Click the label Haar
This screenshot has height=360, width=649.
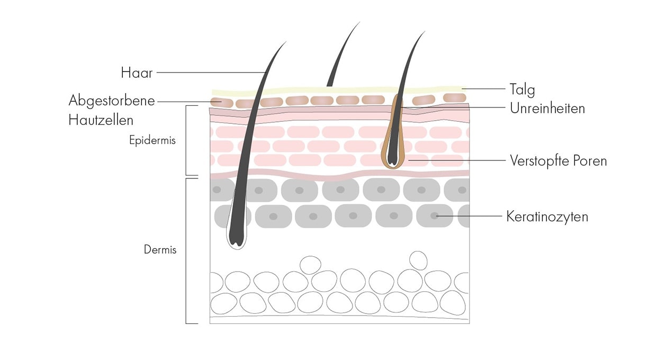click(x=137, y=73)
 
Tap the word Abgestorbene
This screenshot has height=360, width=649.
click(x=112, y=101)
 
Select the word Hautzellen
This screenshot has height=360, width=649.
click(x=101, y=120)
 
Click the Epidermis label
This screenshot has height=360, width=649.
click(x=152, y=141)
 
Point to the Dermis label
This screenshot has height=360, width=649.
click(x=160, y=249)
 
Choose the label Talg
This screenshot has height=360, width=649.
click(x=522, y=88)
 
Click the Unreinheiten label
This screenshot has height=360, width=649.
click(x=547, y=109)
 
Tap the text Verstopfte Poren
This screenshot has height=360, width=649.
click(x=558, y=160)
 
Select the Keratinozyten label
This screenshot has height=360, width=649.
click(x=547, y=217)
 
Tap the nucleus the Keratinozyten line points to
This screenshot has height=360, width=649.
click(x=434, y=216)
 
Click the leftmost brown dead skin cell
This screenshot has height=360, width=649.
click(x=217, y=101)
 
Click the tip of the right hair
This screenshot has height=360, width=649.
click(x=423, y=32)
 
